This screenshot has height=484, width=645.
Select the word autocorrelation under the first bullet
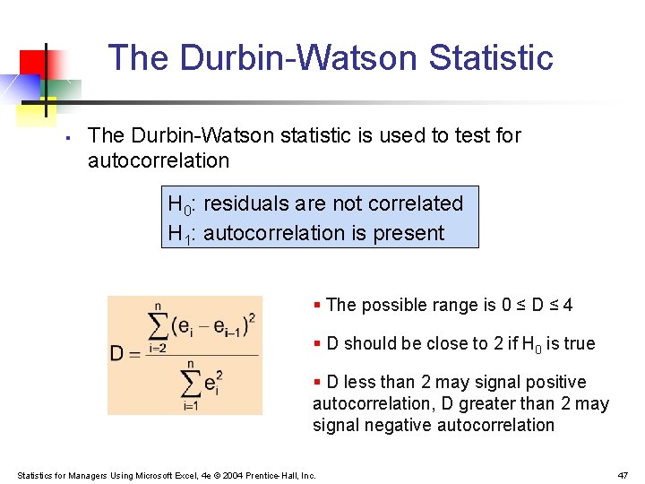click(x=159, y=160)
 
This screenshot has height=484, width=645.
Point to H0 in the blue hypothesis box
click(x=179, y=205)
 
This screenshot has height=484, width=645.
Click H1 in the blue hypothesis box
click(x=179, y=235)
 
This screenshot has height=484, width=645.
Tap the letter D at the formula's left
click(x=116, y=353)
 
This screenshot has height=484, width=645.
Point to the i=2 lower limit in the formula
click(x=157, y=347)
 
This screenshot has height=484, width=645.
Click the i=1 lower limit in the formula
click(x=190, y=406)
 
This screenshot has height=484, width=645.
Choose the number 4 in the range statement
click(x=568, y=305)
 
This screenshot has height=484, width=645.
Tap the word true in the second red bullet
click(x=579, y=343)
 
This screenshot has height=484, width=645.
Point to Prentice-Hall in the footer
click(x=277, y=475)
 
